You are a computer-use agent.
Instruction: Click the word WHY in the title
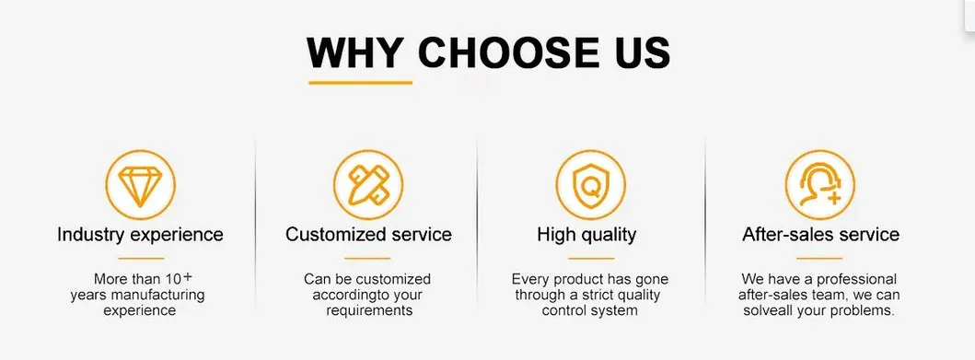[x=355, y=52]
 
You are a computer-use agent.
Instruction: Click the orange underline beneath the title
[x=361, y=82]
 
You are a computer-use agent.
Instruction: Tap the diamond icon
[x=140, y=185]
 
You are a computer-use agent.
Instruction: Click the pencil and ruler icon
[x=368, y=185]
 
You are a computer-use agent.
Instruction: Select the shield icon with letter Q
[x=591, y=185]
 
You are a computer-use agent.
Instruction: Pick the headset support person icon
[x=820, y=185]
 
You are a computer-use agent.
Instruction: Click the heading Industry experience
[x=140, y=235]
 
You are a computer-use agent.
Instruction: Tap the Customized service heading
[x=369, y=235]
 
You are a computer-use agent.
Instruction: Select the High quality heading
[x=587, y=235]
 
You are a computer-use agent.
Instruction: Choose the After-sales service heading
[x=821, y=235]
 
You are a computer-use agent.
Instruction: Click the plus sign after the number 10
[x=188, y=275]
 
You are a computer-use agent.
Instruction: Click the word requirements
[x=369, y=310]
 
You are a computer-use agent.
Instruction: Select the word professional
[x=857, y=280]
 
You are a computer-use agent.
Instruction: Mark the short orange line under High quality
[x=591, y=258]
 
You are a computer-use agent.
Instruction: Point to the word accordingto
[x=350, y=296]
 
